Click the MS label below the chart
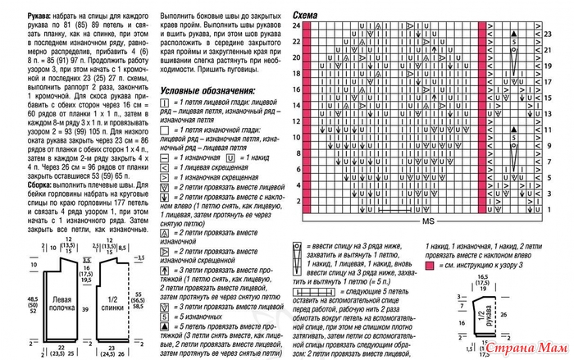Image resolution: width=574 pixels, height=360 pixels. click(427, 222)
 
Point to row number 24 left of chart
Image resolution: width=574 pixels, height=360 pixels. click(297, 27)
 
